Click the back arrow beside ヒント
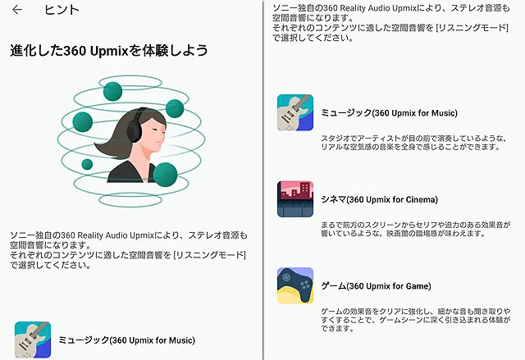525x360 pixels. click(17, 10)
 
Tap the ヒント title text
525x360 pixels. click(62, 10)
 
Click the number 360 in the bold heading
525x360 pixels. click(75, 51)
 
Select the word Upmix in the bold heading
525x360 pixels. click(109, 51)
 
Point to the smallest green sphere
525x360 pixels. click(87, 164)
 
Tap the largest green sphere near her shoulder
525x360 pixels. click(165, 175)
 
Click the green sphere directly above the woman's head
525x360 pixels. click(112, 91)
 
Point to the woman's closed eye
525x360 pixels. click(155, 129)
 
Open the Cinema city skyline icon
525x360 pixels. click(295, 199)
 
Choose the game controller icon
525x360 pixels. click(295, 285)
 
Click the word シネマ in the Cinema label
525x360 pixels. click(333, 199)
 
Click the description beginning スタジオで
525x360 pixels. click(413, 143)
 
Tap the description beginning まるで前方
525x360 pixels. click(416, 229)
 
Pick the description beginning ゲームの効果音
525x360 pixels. click(416, 320)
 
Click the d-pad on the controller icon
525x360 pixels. click(286, 277)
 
